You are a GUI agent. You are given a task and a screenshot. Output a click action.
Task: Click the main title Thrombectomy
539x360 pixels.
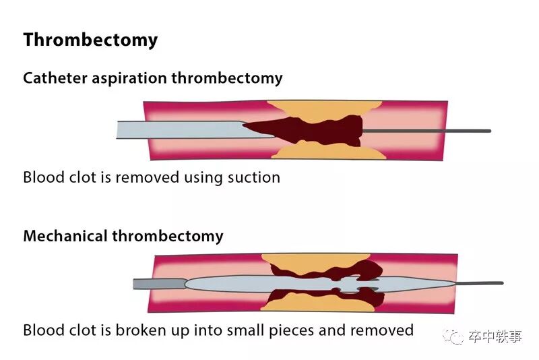(90, 40)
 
